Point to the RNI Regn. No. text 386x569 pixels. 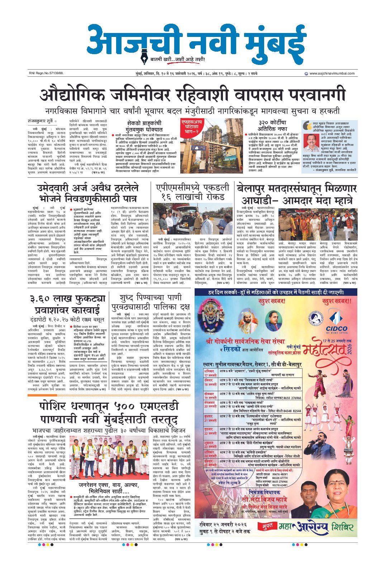(x=46, y=74)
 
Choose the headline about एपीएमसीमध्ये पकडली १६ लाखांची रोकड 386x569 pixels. (x=192, y=192)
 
